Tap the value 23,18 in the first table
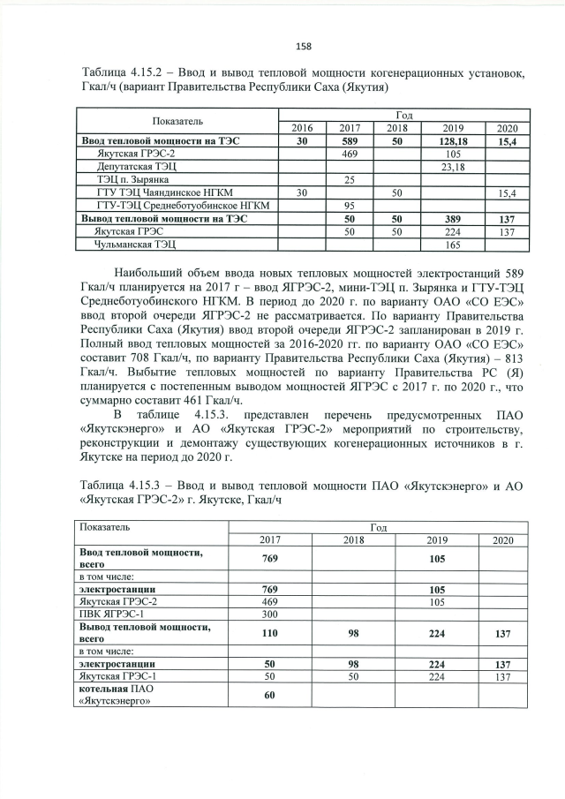click(x=456, y=166)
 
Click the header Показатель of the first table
click(x=177, y=121)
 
